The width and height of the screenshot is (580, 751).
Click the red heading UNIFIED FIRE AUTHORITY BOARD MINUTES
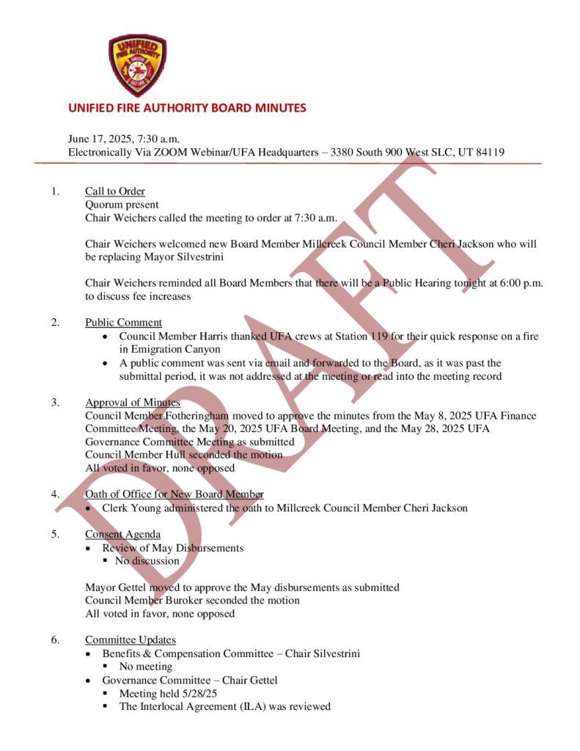pos(187,108)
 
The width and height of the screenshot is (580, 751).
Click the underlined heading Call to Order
pos(115,191)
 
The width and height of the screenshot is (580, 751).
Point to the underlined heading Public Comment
pos(123,322)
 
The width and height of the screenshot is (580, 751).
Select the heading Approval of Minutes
pos(133,402)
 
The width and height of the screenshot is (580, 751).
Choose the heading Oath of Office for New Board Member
pos(175,494)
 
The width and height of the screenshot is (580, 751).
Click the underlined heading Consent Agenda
pos(122,534)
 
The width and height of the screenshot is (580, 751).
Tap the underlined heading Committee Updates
pos(131,640)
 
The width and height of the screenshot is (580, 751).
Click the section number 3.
pos(56,402)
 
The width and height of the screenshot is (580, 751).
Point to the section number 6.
pos(56,640)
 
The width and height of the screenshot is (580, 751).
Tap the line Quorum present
pos(122,205)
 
